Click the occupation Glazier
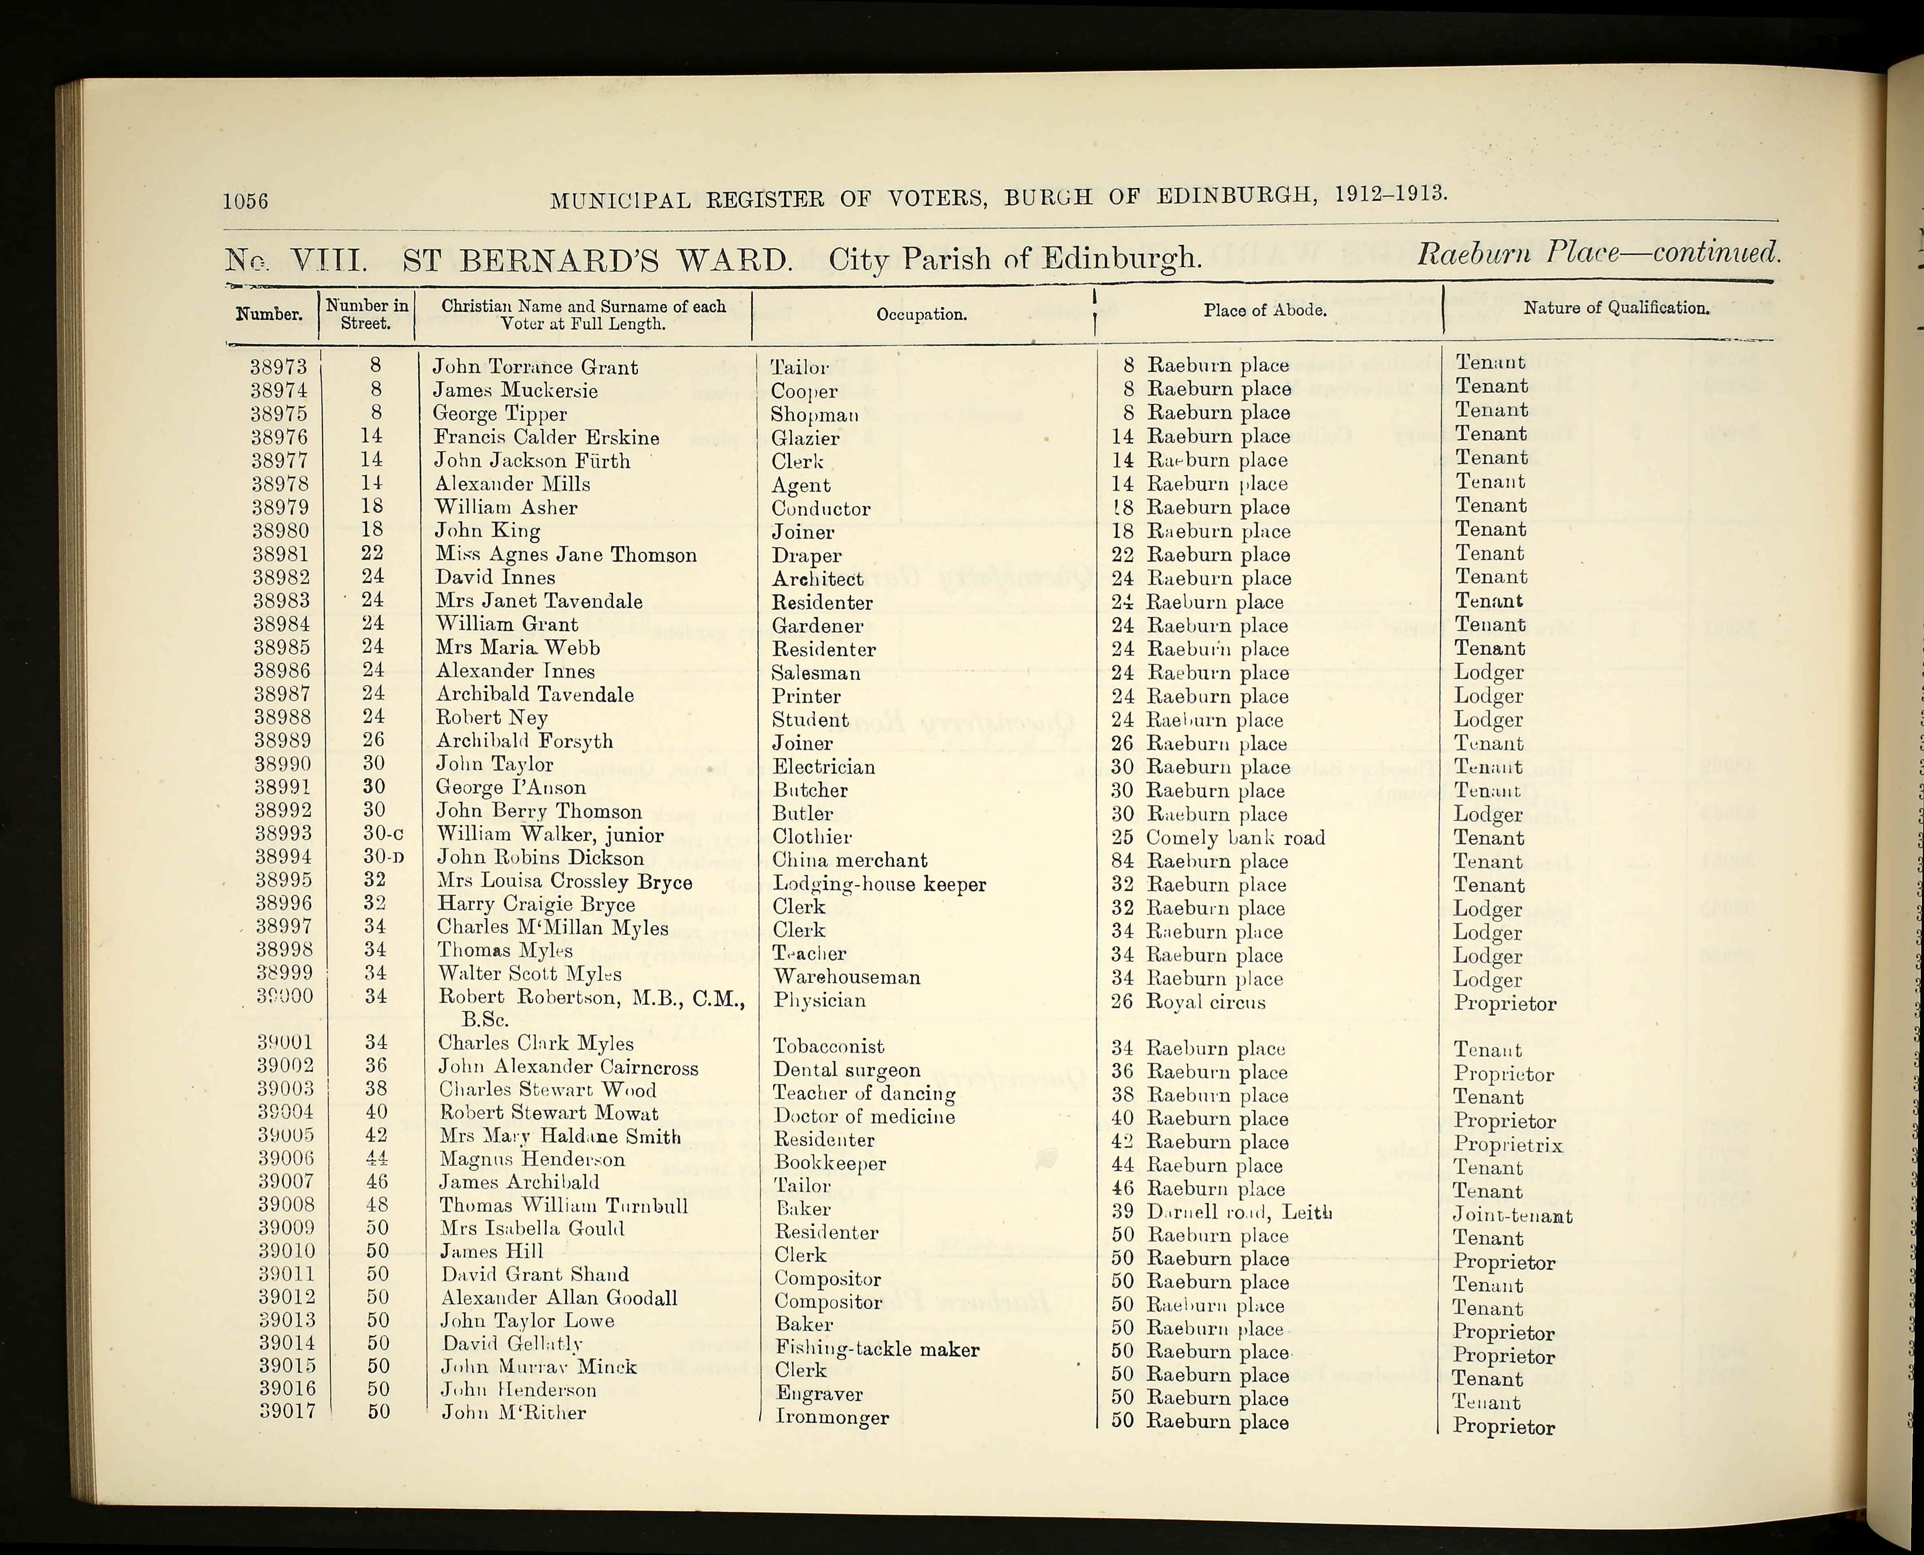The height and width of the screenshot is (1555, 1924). pyautogui.click(x=805, y=438)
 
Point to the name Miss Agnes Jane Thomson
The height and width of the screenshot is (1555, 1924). pyautogui.click(x=565, y=555)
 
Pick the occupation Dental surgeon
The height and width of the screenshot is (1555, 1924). pyautogui.click(x=846, y=1070)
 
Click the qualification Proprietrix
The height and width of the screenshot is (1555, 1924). pyautogui.click(x=1507, y=1145)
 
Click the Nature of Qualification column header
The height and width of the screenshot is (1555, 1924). pyautogui.click(x=1616, y=308)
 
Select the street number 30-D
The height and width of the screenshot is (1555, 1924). pyautogui.click(x=383, y=858)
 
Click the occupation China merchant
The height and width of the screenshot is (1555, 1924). pyautogui.click(x=849, y=861)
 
